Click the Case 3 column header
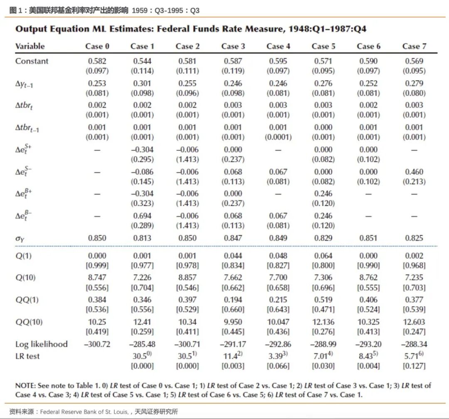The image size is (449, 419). pyautogui.click(x=233, y=46)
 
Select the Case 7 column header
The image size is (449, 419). pyautogui.click(x=414, y=46)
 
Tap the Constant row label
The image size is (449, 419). pyautogui.click(x=32, y=61)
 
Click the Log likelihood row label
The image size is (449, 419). pyautogui.click(x=41, y=344)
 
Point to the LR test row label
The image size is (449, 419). pyautogui.click(x=27, y=356)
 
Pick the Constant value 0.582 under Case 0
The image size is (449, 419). pyautogui.click(x=97, y=61)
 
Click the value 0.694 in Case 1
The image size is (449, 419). pyautogui.click(x=143, y=216)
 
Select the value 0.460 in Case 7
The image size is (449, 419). pyautogui.click(x=414, y=172)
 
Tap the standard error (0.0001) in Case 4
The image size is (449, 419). pyautogui.click(x=278, y=137)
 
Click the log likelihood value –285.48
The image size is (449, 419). pyautogui.click(x=142, y=344)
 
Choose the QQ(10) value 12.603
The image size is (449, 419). pyautogui.click(x=414, y=322)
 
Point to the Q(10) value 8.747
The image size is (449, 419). pyautogui.click(x=97, y=277)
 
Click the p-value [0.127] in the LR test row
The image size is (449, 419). pyautogui.click(x=414, y=366)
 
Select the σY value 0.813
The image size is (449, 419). pyautogui.click(x=143, y=238)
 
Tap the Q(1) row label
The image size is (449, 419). pyautogui.click(x=23, y=256)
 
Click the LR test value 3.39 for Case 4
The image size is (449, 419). pyautogui.click(x=276, y=356)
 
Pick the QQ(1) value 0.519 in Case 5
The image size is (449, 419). pyautogui.click(x=323, y=299)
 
